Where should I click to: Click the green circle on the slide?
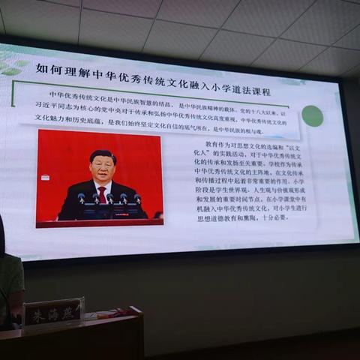[x=312, y=115]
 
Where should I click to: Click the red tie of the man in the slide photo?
[x=102, y=194]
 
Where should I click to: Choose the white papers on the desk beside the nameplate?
[x=95, y=316]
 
